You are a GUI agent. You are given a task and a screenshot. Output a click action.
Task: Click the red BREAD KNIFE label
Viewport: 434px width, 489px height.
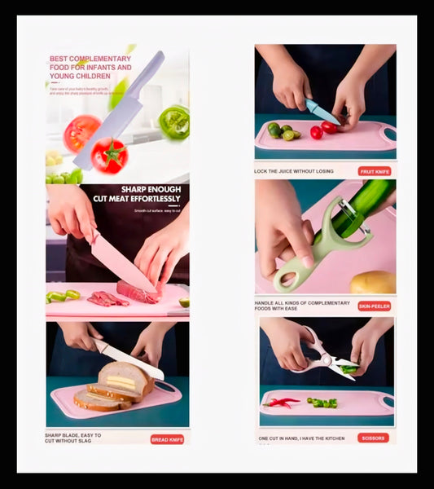[167, 439]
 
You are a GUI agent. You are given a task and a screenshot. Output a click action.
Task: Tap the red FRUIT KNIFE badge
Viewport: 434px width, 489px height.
[375, 171]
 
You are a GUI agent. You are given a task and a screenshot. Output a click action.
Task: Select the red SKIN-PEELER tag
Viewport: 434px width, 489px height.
[374, 306]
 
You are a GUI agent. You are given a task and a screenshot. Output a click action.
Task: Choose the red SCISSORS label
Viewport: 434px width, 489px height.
[373, 438]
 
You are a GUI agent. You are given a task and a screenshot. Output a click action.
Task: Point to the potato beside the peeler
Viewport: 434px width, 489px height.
[373, 282]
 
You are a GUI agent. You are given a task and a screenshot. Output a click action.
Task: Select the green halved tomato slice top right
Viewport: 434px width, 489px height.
[173, 122]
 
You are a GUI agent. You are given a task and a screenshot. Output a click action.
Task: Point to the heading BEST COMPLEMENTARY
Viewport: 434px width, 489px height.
[90, 59]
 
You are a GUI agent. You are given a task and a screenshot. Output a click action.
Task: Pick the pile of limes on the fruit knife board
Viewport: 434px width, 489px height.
[282, 130]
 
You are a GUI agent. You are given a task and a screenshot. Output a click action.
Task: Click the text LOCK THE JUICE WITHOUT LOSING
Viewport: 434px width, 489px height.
[295, 171]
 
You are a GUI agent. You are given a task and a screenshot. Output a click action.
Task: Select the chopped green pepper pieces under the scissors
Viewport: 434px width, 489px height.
[322, 402]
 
